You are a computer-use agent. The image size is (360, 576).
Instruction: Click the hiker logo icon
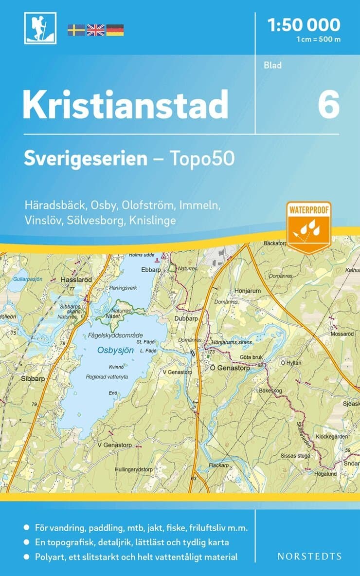[39, 28]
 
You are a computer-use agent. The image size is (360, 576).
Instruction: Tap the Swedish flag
[76, 30]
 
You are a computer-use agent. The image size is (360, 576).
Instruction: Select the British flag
[95, 30]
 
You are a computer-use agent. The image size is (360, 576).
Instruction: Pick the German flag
[115, 30]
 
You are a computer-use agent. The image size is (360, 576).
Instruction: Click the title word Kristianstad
[126, 104]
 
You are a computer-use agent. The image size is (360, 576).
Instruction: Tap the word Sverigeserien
[86, 159]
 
